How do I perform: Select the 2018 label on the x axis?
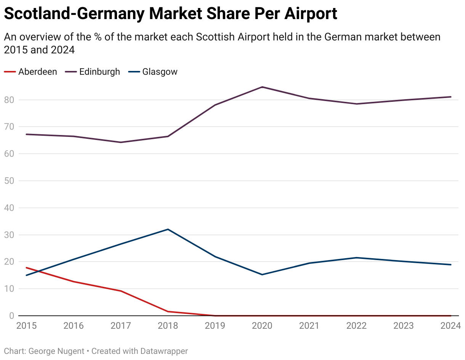168,326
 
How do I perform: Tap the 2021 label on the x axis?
309,326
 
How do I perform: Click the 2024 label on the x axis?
451,326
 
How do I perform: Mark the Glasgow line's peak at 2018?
168,229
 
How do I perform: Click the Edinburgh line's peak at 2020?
262,87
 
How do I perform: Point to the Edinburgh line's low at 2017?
121,142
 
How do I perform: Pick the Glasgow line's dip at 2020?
262,275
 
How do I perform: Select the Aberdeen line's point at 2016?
74,282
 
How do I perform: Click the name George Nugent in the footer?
56,351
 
